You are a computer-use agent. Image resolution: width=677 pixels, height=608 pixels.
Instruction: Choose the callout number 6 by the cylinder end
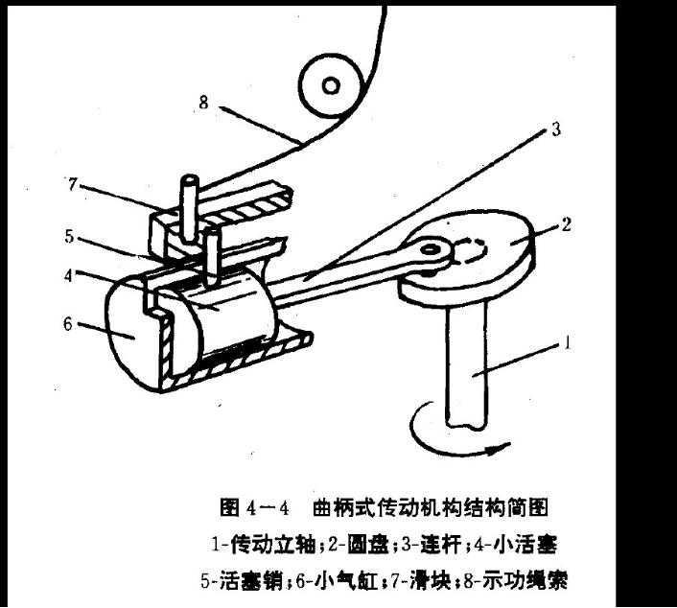pyautogui.click(x=67, y=326)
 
